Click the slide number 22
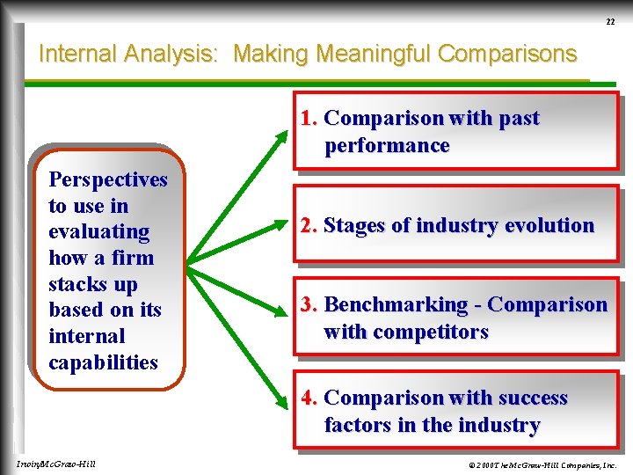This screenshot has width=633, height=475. point(610,21)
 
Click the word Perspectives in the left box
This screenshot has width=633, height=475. point(108,179)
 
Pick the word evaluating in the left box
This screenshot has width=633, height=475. point(99,232)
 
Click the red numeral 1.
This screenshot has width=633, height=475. point(308,119)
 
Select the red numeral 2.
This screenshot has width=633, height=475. point(308,226)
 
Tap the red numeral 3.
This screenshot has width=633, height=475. point(308,305)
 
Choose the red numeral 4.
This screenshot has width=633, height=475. point(308,398)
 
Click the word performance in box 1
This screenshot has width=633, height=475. point(387,146)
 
